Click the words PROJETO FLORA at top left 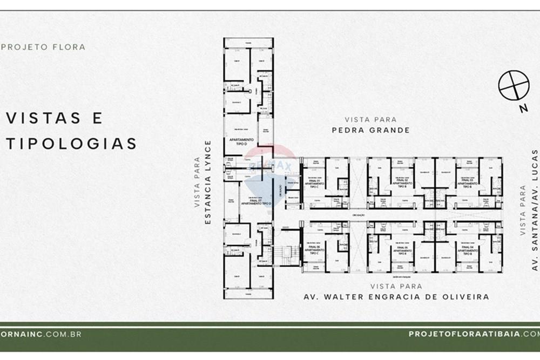44,47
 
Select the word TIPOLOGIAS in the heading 71,144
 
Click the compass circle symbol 513,86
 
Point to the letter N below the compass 523,108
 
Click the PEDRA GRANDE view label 370,130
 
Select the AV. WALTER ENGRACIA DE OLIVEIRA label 396,297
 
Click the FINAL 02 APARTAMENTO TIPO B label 400,182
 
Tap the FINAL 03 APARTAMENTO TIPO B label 467,182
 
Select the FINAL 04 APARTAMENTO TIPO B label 467,250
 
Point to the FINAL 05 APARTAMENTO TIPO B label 400,250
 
